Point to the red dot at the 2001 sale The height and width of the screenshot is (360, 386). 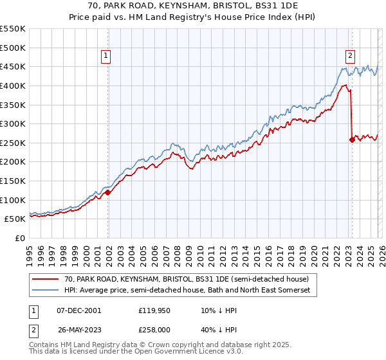point(107,192)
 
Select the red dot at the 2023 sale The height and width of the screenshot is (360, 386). point(352,139)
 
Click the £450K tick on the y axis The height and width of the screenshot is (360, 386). point(13,66)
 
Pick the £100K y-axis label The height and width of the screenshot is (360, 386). point(13,200)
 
